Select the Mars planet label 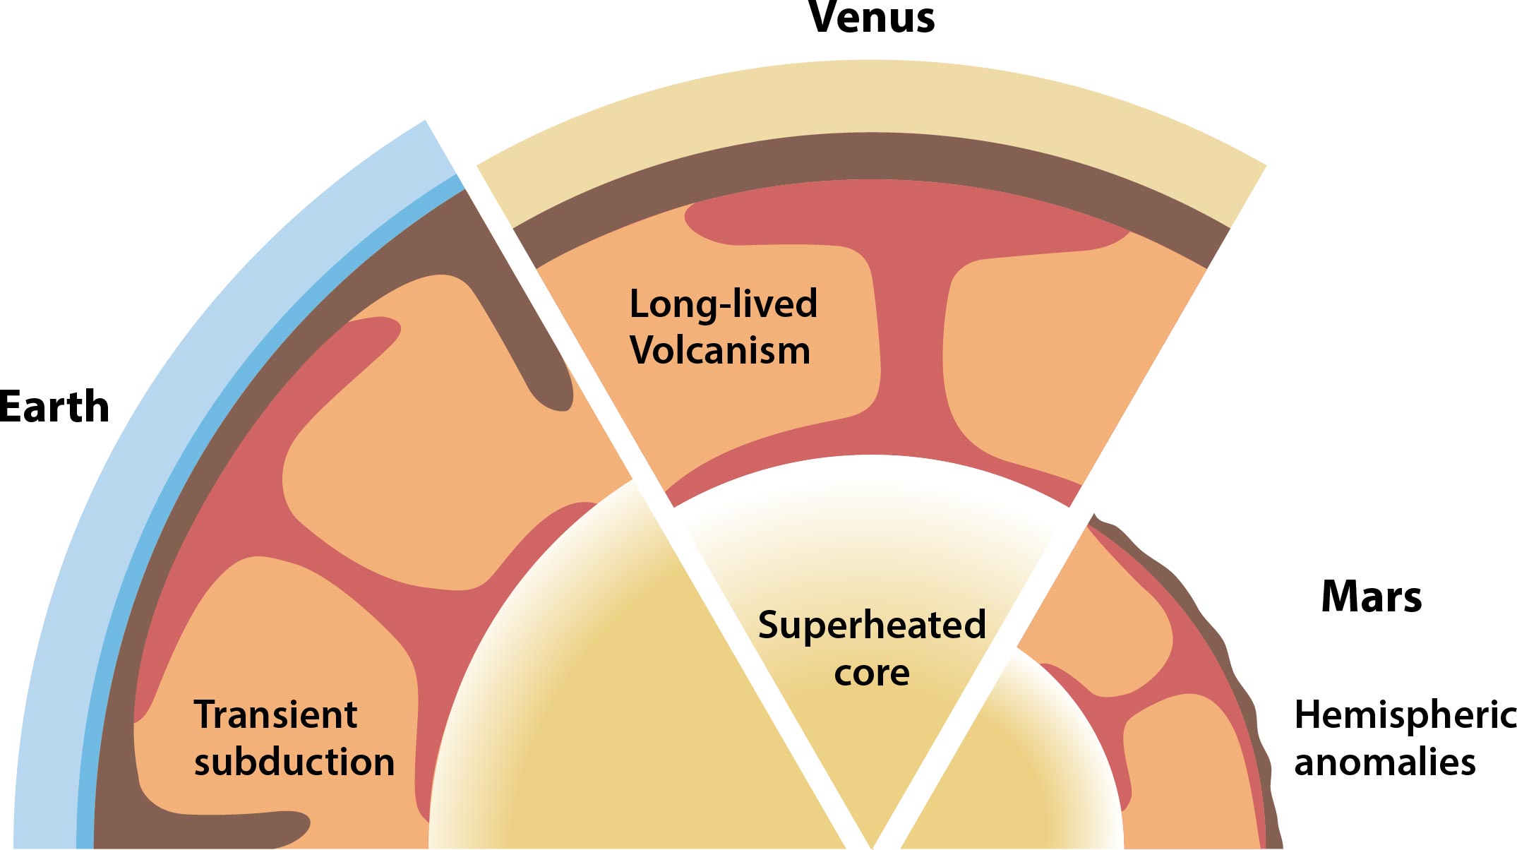(1371, 597)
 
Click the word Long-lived (723, 304)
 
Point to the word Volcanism (720, 350)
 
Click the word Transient (275, 714)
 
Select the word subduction (294, 762)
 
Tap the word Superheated (872, 625)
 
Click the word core (872, 673)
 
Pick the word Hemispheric (1405, 714)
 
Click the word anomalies (1385, 762)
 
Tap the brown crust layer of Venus (872, 156)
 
